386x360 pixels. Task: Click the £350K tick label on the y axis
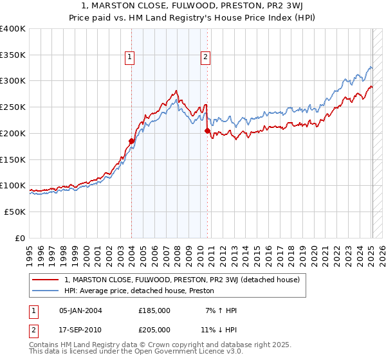tap(13, 55)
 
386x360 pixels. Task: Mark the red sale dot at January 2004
tap(131, 141)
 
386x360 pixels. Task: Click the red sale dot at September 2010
tap(207, 130)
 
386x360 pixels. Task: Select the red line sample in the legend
tap(46, 280)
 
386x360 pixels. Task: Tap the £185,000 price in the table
tap(154, 310)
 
